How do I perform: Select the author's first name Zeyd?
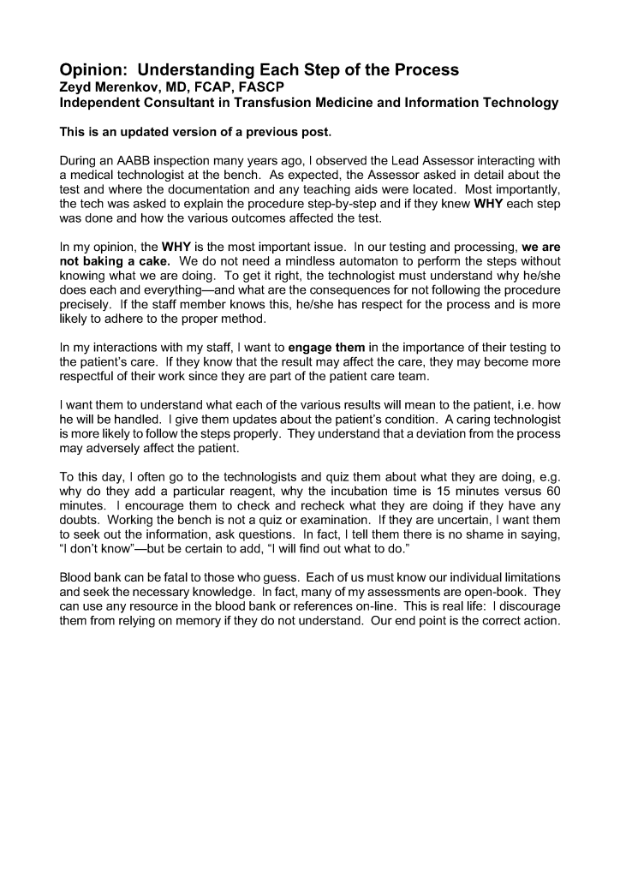pos(75,87)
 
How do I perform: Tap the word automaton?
pos(385,260)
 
